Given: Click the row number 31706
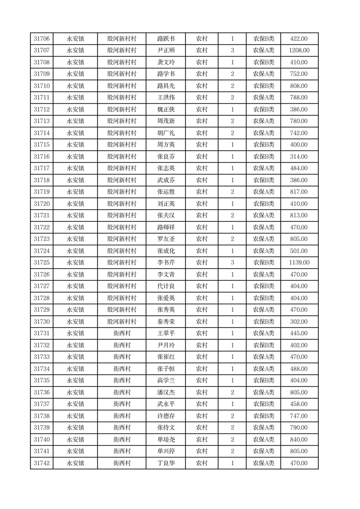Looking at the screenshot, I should coord(42,39).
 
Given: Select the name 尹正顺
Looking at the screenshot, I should coord(165,51).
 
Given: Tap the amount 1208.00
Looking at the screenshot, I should coord(299,51).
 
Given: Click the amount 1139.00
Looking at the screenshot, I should coord(299,263).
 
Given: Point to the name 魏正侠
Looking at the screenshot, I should coord(165,109).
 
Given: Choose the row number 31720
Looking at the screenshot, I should coord(42,204).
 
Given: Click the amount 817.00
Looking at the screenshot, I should coord(299,192).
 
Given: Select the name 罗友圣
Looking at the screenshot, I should coord(165,239).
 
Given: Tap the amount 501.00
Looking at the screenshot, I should coord(299,251).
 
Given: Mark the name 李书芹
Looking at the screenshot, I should coord(165,263).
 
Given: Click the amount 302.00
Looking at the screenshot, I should coord(299,322).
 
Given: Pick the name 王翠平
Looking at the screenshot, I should coord(165,333).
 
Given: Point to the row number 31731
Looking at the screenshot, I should coord(42,333).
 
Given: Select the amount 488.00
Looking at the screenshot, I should coord(299,369).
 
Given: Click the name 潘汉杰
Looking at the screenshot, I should coord(165,392).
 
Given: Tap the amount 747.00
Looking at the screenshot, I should coord(299,416).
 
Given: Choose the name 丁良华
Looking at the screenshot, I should coord(165,463).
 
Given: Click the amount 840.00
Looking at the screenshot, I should coord(299,440).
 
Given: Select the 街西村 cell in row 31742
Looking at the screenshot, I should coord(122,463).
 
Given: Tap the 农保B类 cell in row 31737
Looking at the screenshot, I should coord(263,404).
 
